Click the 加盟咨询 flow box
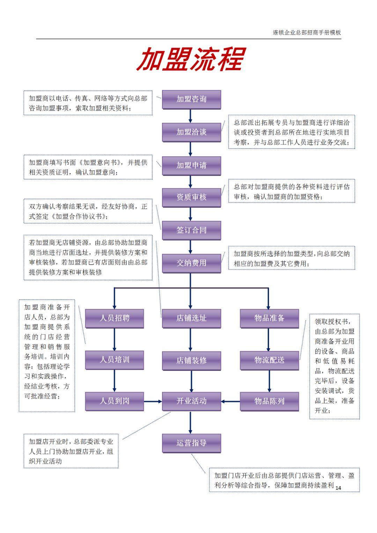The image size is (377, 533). point(191,99)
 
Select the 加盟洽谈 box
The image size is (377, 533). point(191,132)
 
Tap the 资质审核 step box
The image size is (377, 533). point(191,198)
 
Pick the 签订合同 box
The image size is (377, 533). point(191,230)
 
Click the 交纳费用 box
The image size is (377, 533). point(191,263)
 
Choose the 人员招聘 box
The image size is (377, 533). point(114,318)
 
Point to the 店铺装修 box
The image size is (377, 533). point(191,361)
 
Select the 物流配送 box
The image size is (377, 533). point(269,360)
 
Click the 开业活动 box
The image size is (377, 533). point(191,401)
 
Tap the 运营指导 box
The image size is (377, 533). point(191,443)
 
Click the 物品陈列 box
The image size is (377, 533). point(269,401)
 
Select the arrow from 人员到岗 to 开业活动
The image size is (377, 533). point(153,402)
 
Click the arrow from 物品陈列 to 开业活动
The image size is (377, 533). point(230,402)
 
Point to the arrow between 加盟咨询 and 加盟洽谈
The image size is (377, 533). point(190,116)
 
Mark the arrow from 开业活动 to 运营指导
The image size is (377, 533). point(190,422)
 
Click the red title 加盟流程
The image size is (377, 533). point(191,59)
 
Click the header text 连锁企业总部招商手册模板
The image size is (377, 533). point(307,32)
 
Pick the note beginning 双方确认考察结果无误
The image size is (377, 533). point(88,211)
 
